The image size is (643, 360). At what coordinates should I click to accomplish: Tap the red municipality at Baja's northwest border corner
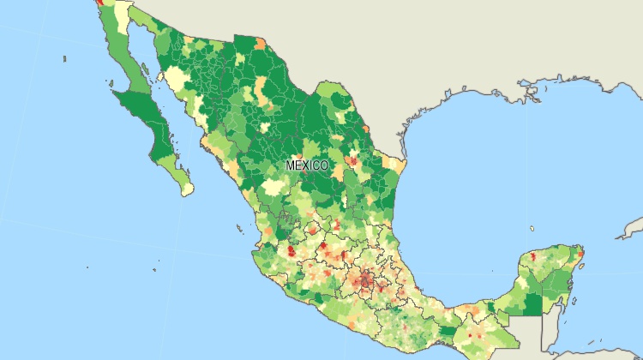coord(101,3)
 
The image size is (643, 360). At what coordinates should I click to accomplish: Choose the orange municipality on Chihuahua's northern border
coord(259,41)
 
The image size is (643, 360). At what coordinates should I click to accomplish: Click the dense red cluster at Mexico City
coord(367,279)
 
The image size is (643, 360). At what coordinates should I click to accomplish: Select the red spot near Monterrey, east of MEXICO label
coord(352,159)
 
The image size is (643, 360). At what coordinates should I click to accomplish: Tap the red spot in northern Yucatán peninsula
coord(533,257)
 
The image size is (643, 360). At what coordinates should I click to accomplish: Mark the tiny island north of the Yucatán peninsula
coord(532,229)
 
